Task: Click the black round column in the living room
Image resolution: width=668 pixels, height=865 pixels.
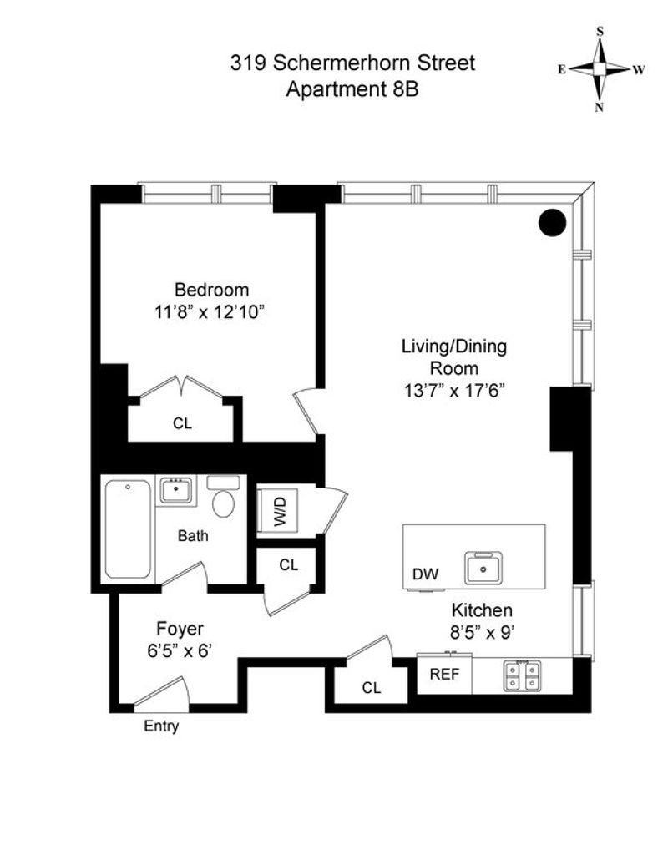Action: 552,223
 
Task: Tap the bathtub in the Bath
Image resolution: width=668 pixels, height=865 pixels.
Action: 128,529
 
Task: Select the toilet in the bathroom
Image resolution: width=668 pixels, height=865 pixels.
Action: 224,497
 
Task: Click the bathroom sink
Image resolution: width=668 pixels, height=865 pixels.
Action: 176,490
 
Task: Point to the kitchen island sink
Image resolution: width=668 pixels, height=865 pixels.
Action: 483,568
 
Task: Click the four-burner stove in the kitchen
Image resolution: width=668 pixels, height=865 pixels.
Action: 522,675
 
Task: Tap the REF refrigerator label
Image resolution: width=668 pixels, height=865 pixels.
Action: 444,674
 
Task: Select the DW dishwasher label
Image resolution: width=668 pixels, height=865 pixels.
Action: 425,574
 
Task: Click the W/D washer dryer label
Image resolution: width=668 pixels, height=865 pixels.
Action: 281,511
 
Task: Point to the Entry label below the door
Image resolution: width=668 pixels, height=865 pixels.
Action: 161,726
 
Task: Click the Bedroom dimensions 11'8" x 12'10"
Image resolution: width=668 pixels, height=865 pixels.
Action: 210,312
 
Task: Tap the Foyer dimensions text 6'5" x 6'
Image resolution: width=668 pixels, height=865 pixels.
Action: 180,651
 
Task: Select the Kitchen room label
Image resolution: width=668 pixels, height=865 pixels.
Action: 482,610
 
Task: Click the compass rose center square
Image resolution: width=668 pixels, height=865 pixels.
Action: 600,69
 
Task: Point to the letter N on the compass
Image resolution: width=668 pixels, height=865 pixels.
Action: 599,109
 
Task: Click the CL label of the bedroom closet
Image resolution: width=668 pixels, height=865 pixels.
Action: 182,423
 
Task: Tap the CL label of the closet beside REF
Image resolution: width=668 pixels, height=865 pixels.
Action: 372,687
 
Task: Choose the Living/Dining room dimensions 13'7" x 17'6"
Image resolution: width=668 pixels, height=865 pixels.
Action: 454,391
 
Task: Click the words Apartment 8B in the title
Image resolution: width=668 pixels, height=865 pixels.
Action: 352,89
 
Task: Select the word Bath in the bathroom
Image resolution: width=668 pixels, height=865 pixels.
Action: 193,535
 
